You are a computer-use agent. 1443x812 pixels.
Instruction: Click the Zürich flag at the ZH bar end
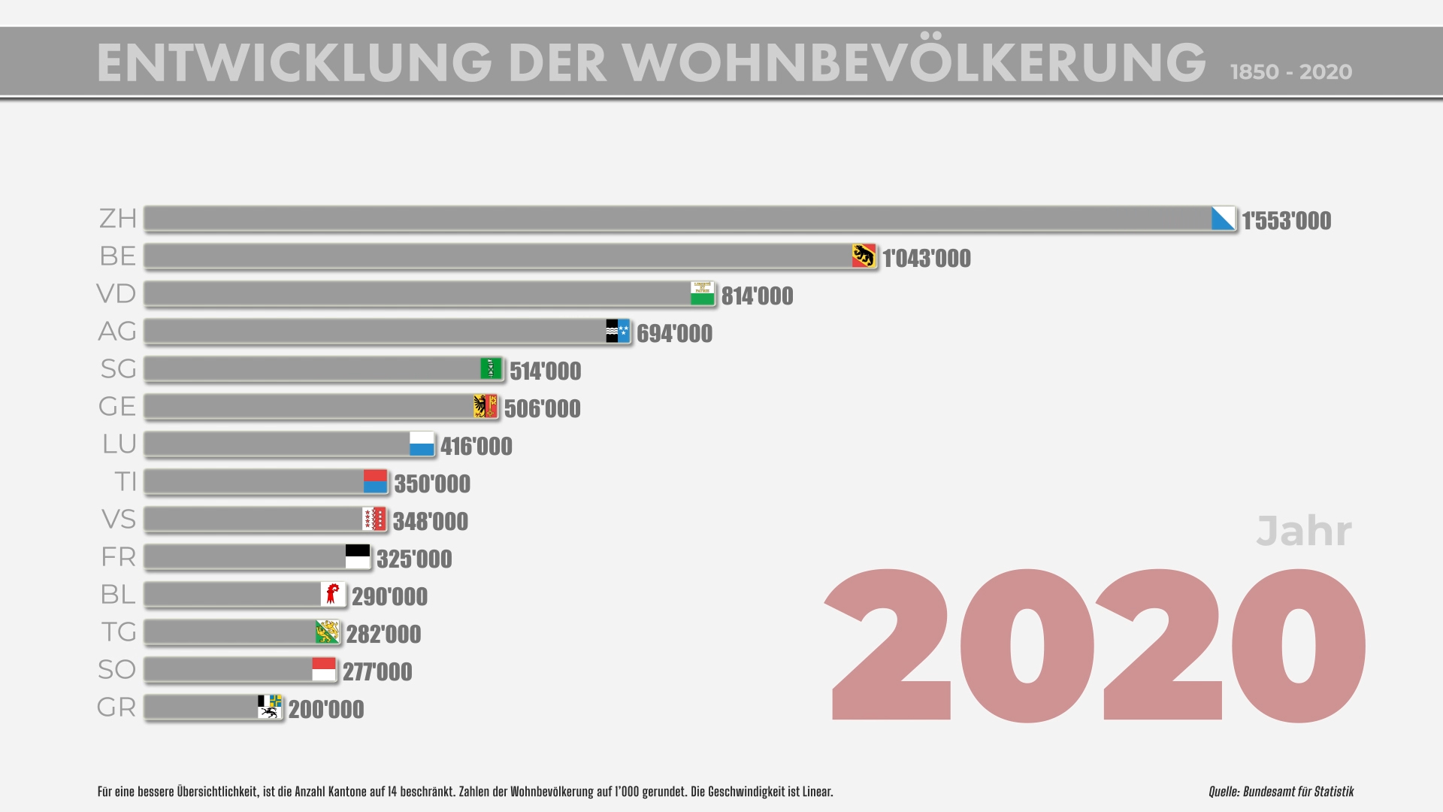(1223, 219)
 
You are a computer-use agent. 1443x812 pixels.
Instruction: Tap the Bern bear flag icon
(864, 256)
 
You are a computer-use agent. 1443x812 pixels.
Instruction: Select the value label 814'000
(757, 296)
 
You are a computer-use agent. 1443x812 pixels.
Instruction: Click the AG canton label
(117, 332)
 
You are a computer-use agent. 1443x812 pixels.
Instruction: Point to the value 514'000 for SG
(545, 371)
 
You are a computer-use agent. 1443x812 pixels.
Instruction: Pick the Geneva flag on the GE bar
(486, 407)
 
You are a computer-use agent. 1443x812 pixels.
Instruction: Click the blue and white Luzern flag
(422, 444)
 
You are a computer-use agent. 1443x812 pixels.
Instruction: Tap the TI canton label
(126, 482)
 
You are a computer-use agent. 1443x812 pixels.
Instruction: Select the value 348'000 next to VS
(430, 522)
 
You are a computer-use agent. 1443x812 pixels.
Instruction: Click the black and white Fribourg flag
(358, 557)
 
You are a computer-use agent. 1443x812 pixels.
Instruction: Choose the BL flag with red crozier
(332, 595)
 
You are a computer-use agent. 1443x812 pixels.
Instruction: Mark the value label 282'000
(383, 635)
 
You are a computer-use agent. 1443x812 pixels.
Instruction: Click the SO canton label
(116, 670)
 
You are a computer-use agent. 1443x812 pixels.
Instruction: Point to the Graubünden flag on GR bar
(269, 707)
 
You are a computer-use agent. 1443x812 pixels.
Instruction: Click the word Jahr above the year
(1304, 532)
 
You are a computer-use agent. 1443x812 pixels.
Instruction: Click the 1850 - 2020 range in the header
(1290, 72)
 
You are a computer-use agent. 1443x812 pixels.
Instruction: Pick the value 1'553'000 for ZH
(1286, 221)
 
